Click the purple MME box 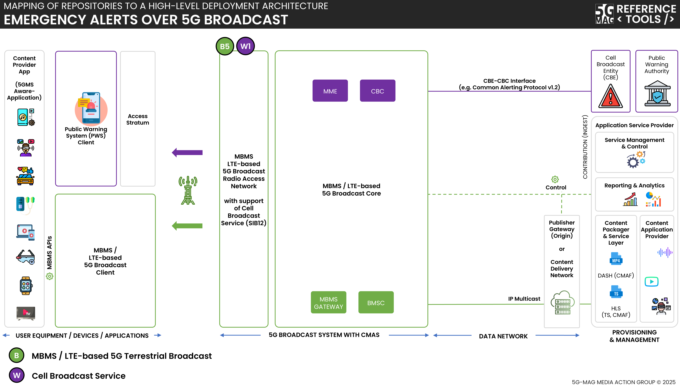coord(330,91)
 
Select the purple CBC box coord(377,91)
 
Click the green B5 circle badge coord(225,46)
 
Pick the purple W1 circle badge coord(245,46)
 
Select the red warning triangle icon coord(610,96)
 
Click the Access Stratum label coord(138,119)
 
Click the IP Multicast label coord(524,299)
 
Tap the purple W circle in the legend coord(17,375)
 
